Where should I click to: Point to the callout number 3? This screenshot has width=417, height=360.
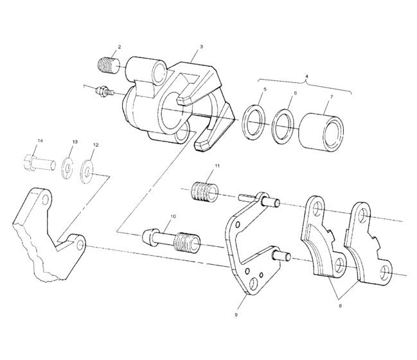pos(201,47)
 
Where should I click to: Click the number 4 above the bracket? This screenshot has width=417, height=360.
pos(306,76)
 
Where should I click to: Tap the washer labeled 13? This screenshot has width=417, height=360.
pos(67,167)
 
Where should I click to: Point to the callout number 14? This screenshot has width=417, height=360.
pos(40,140)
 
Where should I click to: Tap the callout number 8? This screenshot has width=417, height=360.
pos(340,306)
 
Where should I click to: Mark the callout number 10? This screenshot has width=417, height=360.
pos(173,217)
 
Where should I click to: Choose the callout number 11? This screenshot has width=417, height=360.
pos(217,166)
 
